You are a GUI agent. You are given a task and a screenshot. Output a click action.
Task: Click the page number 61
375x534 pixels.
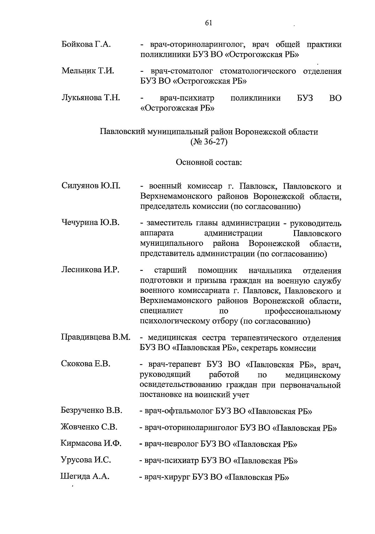[x=209, y=23]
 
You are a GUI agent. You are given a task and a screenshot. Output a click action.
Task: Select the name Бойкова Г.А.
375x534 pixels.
[x=86, y=44]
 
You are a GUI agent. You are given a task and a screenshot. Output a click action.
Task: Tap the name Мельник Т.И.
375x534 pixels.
[x=88, y=71]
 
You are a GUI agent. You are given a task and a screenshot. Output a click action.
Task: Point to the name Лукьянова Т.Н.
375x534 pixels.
[x=91, y=98]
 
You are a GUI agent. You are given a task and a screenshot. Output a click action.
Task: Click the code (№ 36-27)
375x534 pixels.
[x=209, y=142]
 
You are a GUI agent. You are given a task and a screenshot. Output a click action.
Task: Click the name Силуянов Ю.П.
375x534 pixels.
[x=91, y=186]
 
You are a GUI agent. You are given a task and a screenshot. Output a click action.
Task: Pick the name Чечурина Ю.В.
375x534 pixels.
[x=90, y=223]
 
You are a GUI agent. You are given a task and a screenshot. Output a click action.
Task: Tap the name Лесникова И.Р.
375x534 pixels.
[x=90, y=270]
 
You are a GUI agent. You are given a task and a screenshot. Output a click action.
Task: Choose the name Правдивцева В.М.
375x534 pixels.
[x=96, y=337]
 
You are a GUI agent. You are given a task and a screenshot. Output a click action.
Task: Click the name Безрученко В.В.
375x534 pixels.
[x=91, y=410]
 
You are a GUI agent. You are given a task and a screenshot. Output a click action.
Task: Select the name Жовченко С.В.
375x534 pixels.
[x=89, y=427]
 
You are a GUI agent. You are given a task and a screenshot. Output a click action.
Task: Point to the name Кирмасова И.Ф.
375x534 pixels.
[x=91, y=443]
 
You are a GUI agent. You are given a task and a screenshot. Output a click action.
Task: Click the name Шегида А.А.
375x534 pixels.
[x=84, y=476]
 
